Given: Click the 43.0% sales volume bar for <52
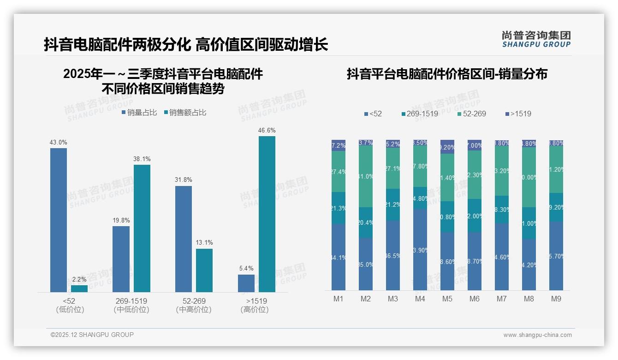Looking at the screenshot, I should [59, 220].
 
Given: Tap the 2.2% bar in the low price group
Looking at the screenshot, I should [79, 288].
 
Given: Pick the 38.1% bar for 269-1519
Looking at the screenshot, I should [142, 228].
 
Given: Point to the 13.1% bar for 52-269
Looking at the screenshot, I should [204, 270].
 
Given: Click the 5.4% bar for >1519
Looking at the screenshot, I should [246, 283].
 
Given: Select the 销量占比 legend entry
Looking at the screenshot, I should [139, 112].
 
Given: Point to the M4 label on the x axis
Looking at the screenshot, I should [420, 299].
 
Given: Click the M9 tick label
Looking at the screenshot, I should [556, 299].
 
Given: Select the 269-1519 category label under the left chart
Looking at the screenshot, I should [131, 301].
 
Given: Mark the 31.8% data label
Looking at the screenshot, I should [184, 180].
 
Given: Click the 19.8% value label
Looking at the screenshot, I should [121, 220].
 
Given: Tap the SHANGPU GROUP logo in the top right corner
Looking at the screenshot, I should [536, 39].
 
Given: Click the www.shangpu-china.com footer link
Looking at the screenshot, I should [537, 335].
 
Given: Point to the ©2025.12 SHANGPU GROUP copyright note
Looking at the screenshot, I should [92, 335].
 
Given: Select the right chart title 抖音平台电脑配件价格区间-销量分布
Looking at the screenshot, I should [447, 74].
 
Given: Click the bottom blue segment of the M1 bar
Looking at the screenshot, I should [339, 257].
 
